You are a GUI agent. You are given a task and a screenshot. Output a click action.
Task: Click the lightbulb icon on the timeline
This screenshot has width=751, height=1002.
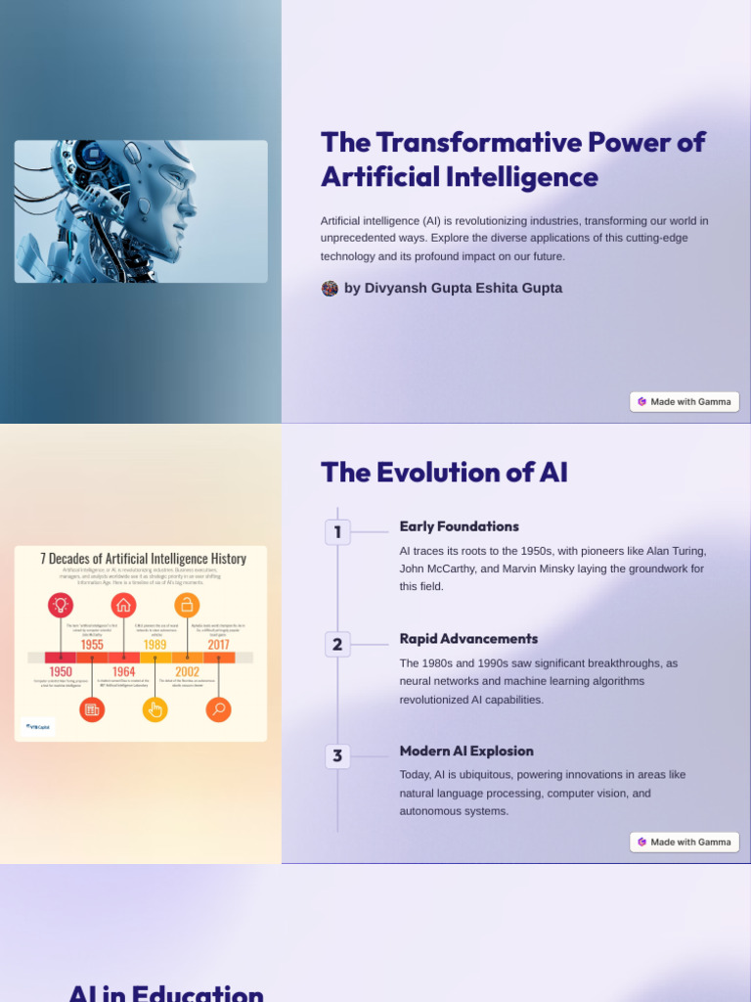(61, 606)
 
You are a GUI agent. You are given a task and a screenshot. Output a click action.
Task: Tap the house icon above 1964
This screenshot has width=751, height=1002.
(123, 606)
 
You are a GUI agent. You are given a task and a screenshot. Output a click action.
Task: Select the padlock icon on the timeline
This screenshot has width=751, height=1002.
(187, 606)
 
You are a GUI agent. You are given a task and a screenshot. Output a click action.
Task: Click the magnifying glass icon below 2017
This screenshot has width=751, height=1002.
(218, 709)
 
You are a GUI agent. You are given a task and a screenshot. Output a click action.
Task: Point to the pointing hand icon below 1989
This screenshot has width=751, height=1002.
(155, 709)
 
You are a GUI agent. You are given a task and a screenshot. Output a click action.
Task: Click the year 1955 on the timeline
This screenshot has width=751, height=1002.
(92, 645)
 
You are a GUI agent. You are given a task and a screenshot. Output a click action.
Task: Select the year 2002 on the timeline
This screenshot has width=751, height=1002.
(187, 671)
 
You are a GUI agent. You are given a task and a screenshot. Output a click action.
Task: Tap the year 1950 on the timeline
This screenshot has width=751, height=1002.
(61, 671)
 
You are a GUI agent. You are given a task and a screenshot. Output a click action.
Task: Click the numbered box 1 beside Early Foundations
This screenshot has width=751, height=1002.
(337, 532)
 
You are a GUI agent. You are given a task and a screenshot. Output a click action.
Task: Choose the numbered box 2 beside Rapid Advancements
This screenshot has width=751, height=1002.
(337, 645)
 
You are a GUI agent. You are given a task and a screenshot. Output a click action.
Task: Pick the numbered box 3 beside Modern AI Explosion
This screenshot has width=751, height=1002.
(337, 756)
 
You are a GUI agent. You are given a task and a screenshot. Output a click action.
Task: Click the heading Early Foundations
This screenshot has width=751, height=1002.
(459, 526)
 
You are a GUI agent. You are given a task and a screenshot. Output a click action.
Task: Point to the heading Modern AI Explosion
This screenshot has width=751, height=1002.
(465, 751)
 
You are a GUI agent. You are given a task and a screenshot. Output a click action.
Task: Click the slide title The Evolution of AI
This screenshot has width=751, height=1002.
(444, 473)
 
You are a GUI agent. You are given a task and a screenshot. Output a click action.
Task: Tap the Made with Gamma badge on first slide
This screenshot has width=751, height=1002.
(685, 401)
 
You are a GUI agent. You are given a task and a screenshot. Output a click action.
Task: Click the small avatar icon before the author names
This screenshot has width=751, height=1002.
(330, 289)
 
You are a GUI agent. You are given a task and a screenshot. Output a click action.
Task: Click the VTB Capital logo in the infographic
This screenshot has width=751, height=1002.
(39, 726)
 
